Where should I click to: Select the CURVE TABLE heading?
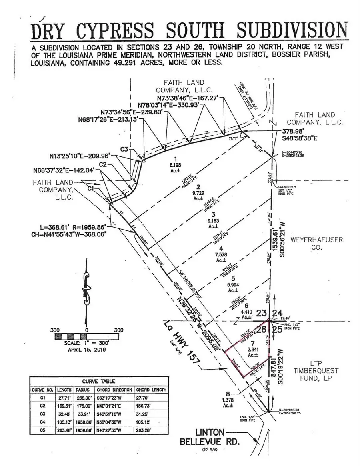pyautogui.click(x=98, y=381)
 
